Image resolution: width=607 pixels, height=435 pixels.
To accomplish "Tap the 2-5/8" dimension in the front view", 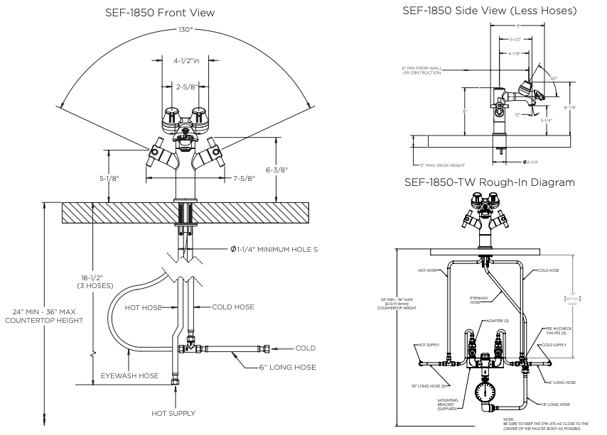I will pyautogui.click(x=186, y=86).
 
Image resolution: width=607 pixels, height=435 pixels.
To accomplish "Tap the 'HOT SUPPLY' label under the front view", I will pyautogui.click(x=173, y=413).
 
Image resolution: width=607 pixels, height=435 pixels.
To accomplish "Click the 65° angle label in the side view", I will pyautogui.click(x=553, y=78).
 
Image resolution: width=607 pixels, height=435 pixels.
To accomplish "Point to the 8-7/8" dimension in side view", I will pyautogui.click(x=589, y=108).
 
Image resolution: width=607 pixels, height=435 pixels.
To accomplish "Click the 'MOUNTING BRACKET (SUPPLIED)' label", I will pyautogui.click(x=447, y=404).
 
